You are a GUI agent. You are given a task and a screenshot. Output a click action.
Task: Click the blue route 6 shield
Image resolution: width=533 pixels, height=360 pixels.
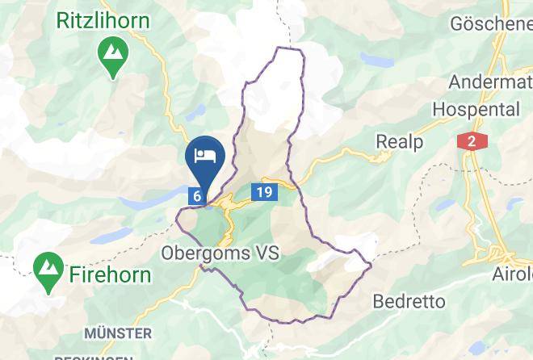click(196, 195)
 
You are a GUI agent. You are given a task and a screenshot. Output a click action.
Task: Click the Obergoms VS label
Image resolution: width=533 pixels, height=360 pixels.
click(220, 253)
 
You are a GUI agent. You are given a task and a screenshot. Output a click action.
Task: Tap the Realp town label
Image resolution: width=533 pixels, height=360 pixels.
click(399, 142)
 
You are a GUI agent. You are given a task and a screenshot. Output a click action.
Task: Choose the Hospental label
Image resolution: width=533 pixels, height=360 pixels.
click(476, 109)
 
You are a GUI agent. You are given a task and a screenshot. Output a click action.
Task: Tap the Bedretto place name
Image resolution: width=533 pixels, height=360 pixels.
click(409, 302)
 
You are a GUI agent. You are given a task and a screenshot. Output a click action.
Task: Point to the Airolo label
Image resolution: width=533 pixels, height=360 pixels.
click(512, 274)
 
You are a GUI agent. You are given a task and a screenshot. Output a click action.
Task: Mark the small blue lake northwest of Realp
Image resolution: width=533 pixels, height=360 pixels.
click(377, 61)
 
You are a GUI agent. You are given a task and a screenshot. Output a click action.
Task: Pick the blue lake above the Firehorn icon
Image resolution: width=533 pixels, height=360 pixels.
click(112, 235)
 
